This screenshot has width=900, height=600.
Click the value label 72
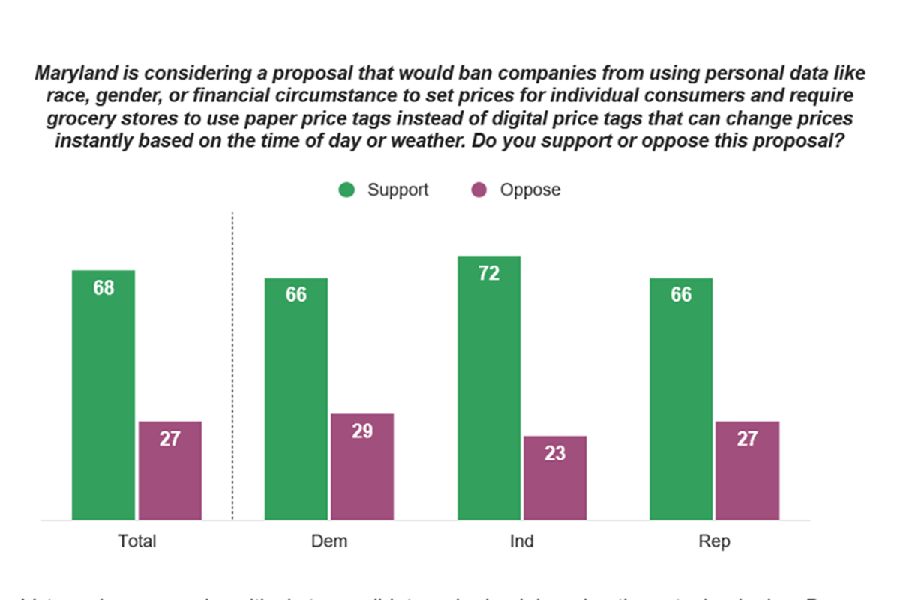(x=489, y=274)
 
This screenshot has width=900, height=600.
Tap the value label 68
(x=103, y=287)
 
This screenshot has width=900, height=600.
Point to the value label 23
(x=555, y=453)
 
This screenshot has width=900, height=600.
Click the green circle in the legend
(x=346, y=190)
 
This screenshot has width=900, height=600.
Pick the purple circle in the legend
(x=479, y=190)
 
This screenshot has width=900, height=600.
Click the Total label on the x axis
(x=137, y=541)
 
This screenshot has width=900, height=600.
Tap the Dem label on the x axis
(x=329, y=541)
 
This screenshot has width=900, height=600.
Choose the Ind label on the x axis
(x=522, y=541)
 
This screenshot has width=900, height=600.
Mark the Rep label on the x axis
(x=714, y=541)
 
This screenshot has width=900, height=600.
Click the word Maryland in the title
(x=72, y=73)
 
